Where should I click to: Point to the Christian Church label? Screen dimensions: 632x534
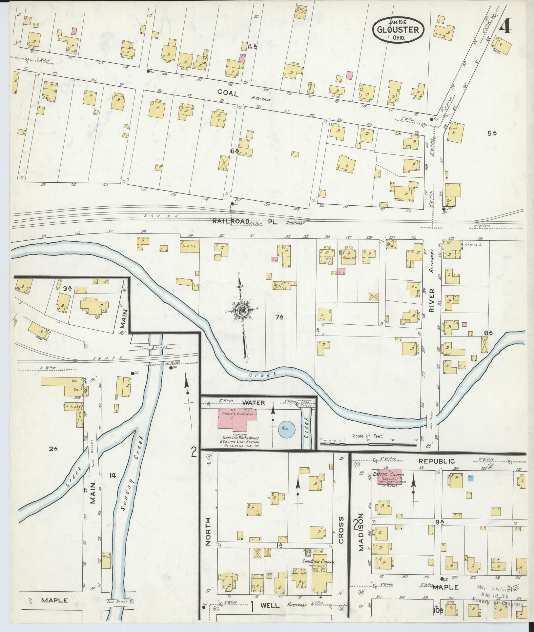318,525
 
